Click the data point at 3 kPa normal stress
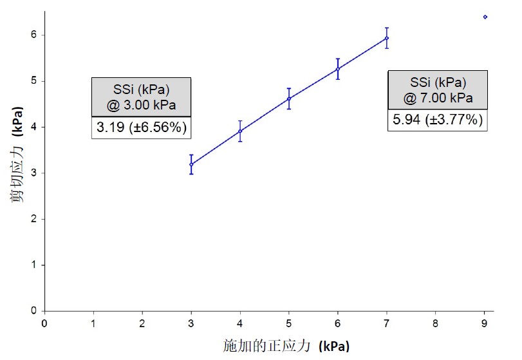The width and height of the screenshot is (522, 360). [191, 164]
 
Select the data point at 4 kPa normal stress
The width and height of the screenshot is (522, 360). [240, 131]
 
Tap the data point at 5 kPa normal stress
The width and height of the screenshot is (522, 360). [289, 99]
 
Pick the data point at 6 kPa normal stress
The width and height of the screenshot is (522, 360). [338, 68]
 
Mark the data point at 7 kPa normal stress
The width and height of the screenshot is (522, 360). [387, 38]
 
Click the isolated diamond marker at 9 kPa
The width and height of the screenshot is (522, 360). [485, 17]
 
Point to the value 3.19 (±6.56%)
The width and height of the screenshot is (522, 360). [142, 128]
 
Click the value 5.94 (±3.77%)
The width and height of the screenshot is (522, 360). [438, 119]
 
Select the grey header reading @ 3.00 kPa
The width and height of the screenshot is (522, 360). [142, 97]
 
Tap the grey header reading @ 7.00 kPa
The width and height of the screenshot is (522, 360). [438, 90]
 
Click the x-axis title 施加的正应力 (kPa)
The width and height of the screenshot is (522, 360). [286, 346]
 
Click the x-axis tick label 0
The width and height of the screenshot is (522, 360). [44, 323]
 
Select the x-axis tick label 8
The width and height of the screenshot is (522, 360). [436, 323]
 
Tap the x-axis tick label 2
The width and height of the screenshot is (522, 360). [142, 323]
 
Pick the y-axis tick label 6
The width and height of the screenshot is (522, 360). [34, 35]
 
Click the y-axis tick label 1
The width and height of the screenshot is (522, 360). [34, 265]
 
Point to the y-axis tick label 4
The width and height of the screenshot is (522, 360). [34, 127]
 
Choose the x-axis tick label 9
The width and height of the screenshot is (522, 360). [485, 323]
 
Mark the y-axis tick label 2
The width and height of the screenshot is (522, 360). [34, 219]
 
